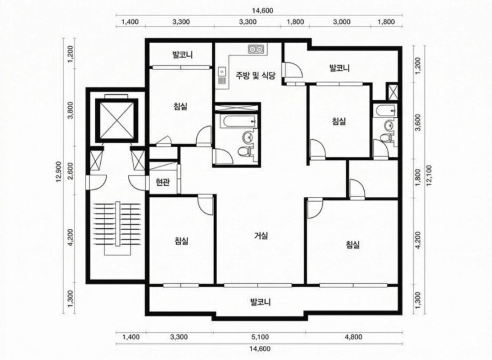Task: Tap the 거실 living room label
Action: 261,234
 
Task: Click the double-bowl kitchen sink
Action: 256,49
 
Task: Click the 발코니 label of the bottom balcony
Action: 261,302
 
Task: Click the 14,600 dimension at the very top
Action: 261,9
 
